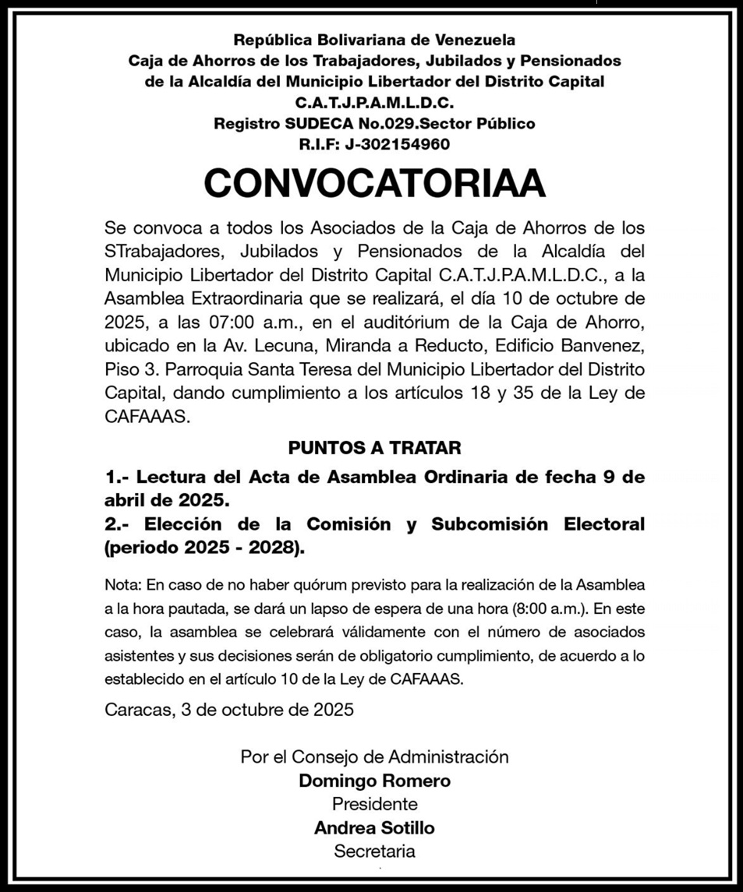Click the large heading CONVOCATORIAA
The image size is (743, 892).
[374, 184]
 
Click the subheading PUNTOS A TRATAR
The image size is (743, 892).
[374, 448]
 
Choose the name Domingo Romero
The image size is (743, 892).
[374, 781]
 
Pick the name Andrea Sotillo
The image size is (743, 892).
[374, 827]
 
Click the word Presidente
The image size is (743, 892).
[374, 804]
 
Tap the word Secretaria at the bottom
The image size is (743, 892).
[374, 851]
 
